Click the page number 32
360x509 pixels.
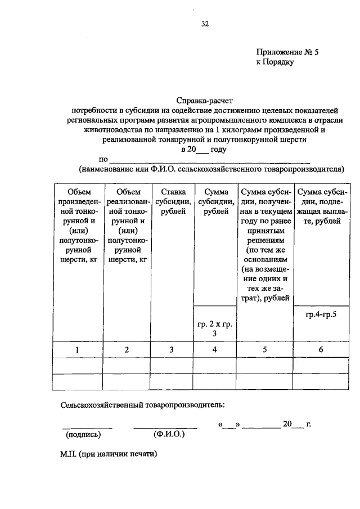coord(205,24)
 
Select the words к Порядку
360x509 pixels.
coord(275,62)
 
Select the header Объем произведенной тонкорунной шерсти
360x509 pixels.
coord(79,226)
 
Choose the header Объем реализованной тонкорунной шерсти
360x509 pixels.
coord(127,226)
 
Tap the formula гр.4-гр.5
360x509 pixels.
coord(321,315)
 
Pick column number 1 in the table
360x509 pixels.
coord(79,350)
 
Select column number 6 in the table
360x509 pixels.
coord(321,350)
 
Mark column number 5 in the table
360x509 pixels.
coord(265,350)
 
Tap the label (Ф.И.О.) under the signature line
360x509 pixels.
coord(168,434)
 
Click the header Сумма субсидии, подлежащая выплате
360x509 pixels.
coord(321,207)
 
